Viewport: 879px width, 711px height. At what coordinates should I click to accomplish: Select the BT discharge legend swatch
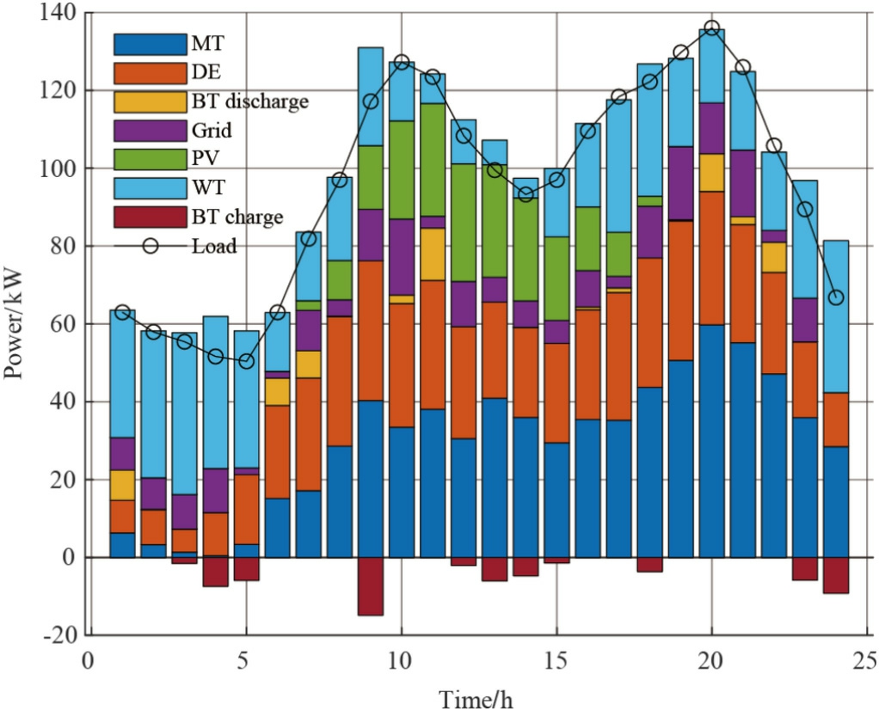point(151,101)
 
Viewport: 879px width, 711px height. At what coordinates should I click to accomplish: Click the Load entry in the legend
point(214,247)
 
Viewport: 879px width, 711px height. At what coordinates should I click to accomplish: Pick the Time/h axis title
point(476,696)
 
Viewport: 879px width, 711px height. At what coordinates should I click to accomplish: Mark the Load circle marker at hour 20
point(711,28)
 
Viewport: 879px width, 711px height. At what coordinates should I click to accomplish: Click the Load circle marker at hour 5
point(246,361)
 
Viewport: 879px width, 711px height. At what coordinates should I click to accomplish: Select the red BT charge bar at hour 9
point(371,586)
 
